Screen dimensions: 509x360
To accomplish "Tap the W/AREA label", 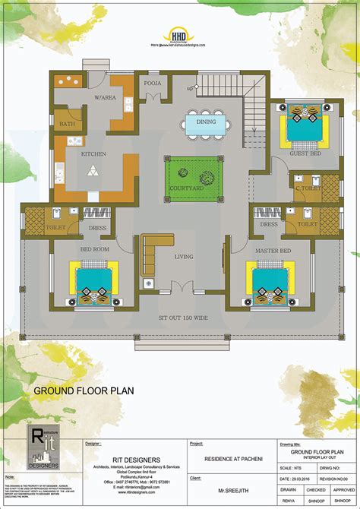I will point(105,97).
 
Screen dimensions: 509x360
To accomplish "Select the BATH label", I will point(68,124).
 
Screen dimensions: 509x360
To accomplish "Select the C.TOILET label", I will point(306,187).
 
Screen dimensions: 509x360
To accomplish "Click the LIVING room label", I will point(185,257).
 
